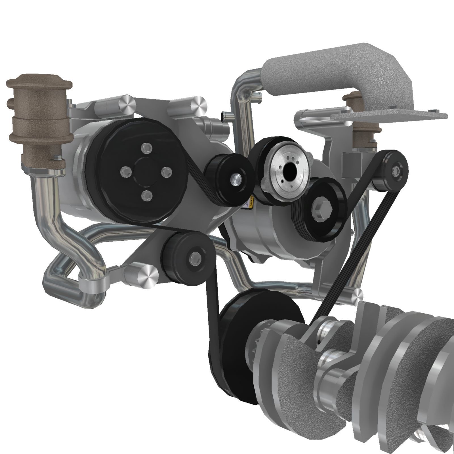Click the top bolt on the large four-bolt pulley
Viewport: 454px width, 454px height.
(147, 148)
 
